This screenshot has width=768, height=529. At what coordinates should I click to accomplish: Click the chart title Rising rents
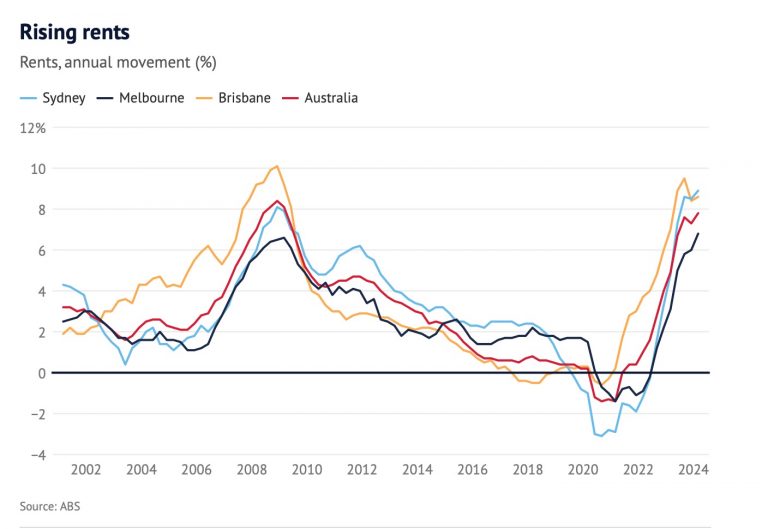coord(75,32)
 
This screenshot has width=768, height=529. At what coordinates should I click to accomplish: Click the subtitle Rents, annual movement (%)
coord(118,63)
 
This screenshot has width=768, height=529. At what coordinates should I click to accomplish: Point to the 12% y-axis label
coord(33,128)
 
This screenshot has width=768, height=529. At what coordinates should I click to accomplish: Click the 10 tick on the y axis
coord(39,169)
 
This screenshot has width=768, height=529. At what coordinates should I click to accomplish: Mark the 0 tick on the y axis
coord(42,373)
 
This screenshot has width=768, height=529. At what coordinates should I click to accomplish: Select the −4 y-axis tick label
coord(37,455)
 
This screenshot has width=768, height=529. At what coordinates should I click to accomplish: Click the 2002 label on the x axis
coord(85,470)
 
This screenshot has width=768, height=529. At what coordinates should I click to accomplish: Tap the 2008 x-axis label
coord(251,470)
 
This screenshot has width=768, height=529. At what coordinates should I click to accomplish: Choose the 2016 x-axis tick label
coord(472,470)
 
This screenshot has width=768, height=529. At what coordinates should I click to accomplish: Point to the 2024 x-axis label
coord(692,470)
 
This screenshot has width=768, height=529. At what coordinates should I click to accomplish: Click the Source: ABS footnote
coord(50,506)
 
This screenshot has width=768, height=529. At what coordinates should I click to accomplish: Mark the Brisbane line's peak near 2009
coord(277,166)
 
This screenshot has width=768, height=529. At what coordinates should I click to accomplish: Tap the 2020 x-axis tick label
coord(582,470)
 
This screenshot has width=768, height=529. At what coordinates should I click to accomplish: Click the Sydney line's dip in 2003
coord(125,363)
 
